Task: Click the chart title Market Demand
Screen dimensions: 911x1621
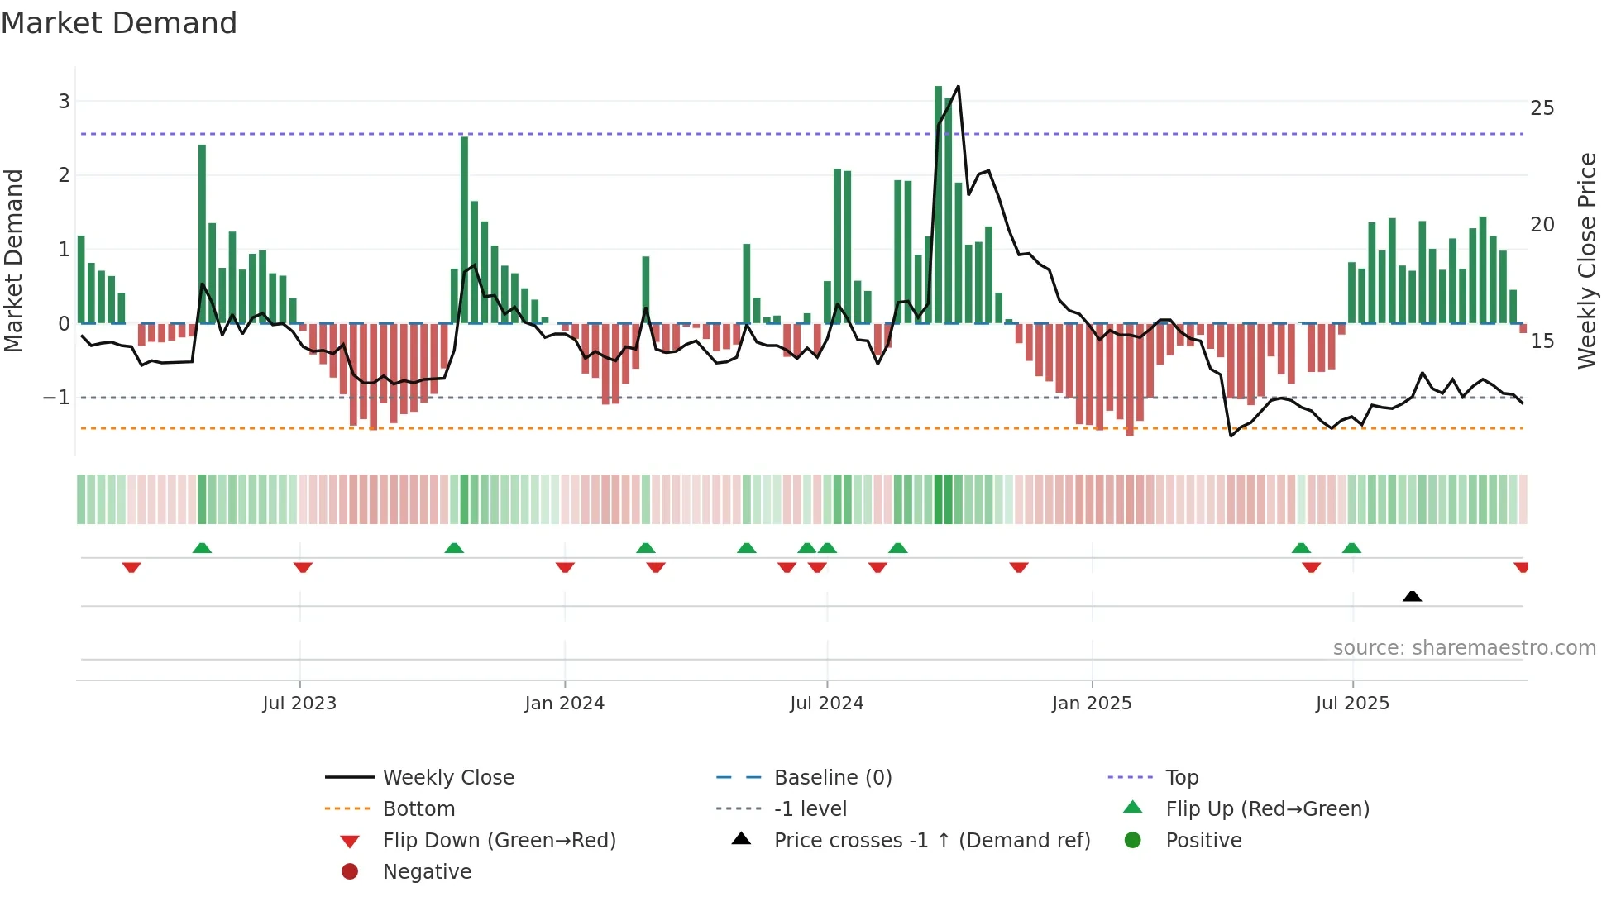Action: point(119,23)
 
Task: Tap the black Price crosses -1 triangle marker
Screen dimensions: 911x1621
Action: point(1412,596)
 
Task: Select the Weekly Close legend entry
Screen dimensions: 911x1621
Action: point(447,777)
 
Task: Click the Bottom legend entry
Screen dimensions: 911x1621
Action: point(418,808)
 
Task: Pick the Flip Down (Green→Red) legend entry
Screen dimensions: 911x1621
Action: point(499,840)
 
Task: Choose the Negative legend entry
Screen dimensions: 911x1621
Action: point(427,871)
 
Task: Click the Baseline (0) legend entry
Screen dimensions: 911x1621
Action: point(832,777)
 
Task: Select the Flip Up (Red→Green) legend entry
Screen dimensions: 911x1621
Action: point(1267,808)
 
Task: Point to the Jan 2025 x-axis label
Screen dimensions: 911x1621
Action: point(1091,703)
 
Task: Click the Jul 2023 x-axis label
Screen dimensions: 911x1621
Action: point(299,703)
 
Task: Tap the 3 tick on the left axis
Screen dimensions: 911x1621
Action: point(64,101)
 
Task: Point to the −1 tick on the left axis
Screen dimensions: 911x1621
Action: point(57,398)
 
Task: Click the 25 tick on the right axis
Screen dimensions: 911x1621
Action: point(1542,108)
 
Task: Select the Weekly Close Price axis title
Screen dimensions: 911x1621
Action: point(1586,260)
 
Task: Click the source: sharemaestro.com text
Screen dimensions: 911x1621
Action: point(1464,647)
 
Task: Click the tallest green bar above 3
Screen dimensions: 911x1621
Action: point(938,198)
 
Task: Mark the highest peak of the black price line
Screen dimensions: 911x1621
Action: point(958,87)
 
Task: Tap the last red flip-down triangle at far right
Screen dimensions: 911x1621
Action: point(1520,567)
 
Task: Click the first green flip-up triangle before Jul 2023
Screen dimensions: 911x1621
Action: point(202,547)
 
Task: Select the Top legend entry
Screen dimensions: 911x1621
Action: point(1181,777)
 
